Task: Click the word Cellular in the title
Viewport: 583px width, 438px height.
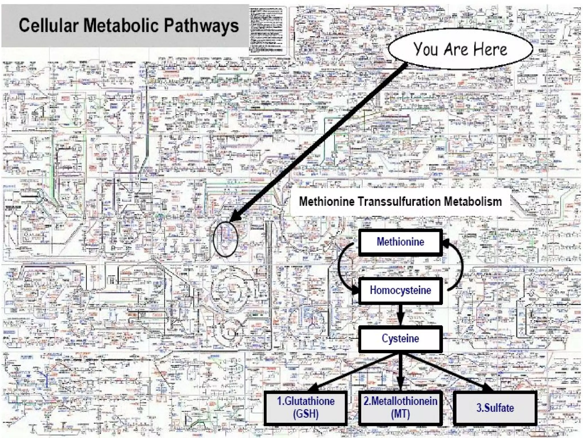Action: coord(48,25)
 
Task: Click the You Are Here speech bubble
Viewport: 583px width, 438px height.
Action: coord(460,49)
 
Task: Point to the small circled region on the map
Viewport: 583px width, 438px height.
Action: coord(225,239)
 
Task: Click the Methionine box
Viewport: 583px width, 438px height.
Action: coord(400,242)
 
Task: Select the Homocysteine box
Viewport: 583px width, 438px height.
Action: coord(400,290)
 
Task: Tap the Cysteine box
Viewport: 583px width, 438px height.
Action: coord(400,338)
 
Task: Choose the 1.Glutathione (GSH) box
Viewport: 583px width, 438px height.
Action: coord(306,407)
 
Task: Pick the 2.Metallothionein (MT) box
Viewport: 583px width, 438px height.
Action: coord(400,407)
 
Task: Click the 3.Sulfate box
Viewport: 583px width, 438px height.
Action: coord(495,407)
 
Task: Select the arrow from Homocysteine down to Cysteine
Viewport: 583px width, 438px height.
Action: coord(400,314)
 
